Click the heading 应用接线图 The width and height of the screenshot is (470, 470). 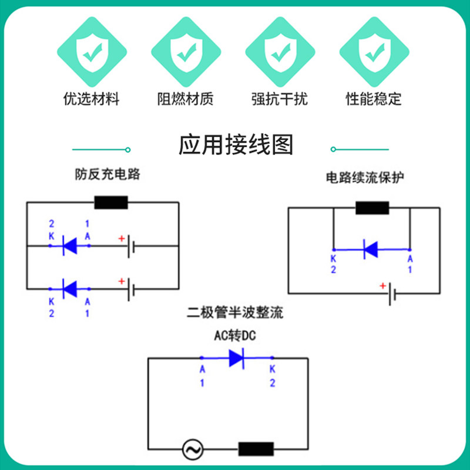click(235, 145)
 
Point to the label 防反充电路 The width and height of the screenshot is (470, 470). click(108, 174)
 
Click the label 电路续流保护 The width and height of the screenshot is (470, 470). click(365, 177)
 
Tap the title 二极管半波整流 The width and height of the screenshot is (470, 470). click(235, 313)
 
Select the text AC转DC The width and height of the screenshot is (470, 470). click(234, 337)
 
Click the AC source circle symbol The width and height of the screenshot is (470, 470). click(192, 449)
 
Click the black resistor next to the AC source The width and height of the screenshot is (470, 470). click(256, 449)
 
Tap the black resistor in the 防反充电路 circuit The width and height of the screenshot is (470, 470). click(111, 203)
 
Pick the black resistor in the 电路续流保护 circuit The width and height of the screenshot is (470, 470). click(372, 208)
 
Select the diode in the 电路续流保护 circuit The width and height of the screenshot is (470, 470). click(371, 249)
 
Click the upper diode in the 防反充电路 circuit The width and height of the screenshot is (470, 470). click(70, 245)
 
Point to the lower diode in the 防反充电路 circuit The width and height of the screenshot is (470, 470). click(70, 288)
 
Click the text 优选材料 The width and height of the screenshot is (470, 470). click(91, 99)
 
